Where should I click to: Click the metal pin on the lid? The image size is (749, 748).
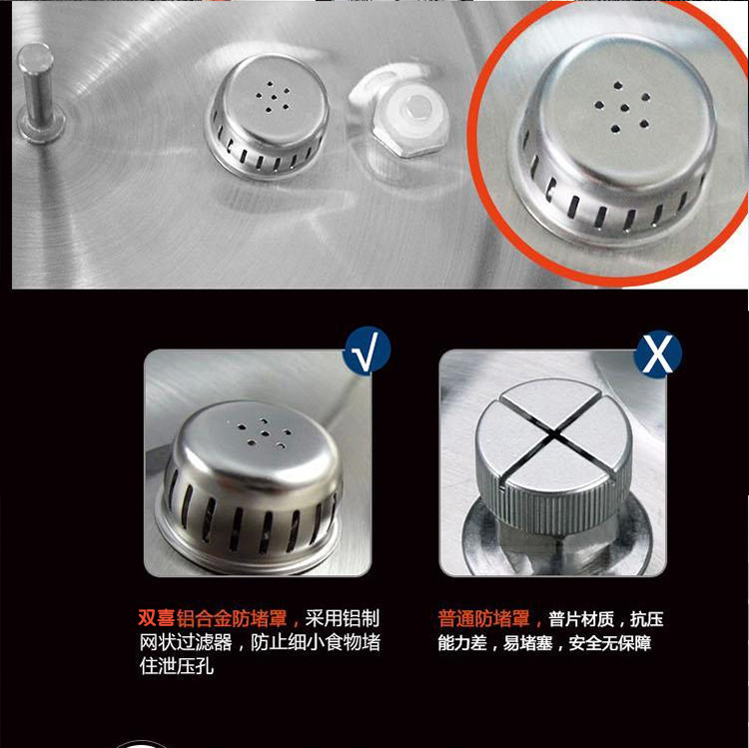tap(37, 93)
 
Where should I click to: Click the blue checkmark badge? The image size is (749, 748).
tap(367, 351)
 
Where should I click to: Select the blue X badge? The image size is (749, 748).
tap(658, 355)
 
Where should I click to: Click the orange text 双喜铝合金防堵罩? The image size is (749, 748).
tap(212, 618)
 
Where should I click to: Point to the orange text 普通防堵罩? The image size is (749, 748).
tap(484, 618)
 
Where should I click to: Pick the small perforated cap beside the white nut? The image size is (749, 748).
tap(268, 115)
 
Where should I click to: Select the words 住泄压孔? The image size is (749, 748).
tap(176, 666)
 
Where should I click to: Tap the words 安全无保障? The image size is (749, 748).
tap(609, 643)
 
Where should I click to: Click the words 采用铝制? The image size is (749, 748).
tap(342, 618)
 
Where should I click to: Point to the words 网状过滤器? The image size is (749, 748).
tap(186, 642)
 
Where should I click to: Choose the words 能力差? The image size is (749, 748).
tap(462, 643)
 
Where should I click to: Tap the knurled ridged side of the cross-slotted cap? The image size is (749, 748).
tap(559, 511)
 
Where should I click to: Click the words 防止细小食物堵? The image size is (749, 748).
tap(316, 642)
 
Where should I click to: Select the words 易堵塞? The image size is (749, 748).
tap(527, 643)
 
